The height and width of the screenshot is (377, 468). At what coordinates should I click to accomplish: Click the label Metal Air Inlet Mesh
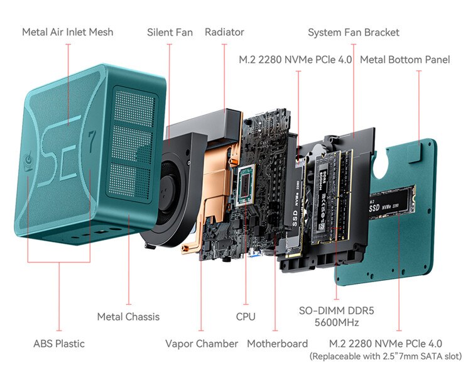point(68,32)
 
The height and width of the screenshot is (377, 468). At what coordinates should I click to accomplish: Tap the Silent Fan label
point(170,32)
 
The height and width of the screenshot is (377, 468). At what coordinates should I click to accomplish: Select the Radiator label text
point(224,32)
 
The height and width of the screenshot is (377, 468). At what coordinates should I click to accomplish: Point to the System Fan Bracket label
point(354,33)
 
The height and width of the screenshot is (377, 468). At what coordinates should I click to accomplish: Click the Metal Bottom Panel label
point(405,60)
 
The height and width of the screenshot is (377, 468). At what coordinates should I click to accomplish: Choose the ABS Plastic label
point(59,344)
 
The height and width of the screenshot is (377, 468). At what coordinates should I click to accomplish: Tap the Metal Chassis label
point(128,317)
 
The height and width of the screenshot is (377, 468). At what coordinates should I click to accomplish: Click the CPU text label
point(246,317)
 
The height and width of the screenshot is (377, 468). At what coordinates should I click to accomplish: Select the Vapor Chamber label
point(202,344)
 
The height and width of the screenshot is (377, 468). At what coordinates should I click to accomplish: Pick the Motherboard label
point(277,344)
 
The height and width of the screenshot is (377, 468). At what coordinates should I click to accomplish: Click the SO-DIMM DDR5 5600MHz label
point(337,317)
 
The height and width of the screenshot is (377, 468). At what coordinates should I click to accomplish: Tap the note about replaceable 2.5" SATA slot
point(386,356)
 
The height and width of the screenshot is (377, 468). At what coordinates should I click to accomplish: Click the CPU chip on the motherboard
point(246,185)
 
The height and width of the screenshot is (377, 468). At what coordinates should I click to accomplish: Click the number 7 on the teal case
point(91,140)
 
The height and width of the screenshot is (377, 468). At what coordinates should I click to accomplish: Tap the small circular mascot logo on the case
point(29,161)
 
